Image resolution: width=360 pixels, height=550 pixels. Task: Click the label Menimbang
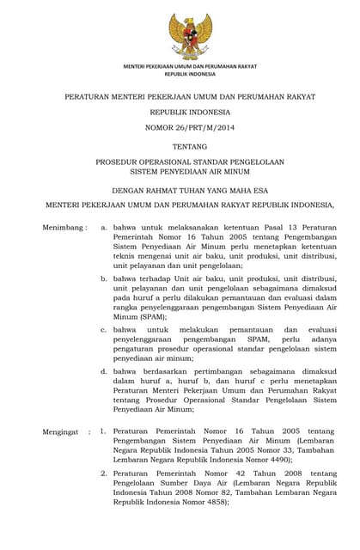64,228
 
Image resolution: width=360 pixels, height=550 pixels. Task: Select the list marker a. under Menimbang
104,228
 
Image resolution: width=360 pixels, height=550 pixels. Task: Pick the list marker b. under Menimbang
104,278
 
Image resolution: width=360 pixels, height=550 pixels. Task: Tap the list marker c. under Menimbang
104,329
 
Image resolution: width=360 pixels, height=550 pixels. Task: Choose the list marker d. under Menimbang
104,370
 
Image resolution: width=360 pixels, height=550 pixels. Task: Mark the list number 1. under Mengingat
103,431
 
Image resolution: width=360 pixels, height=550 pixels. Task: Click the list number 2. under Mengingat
103,473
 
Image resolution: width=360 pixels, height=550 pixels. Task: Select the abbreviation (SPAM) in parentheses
129,316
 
